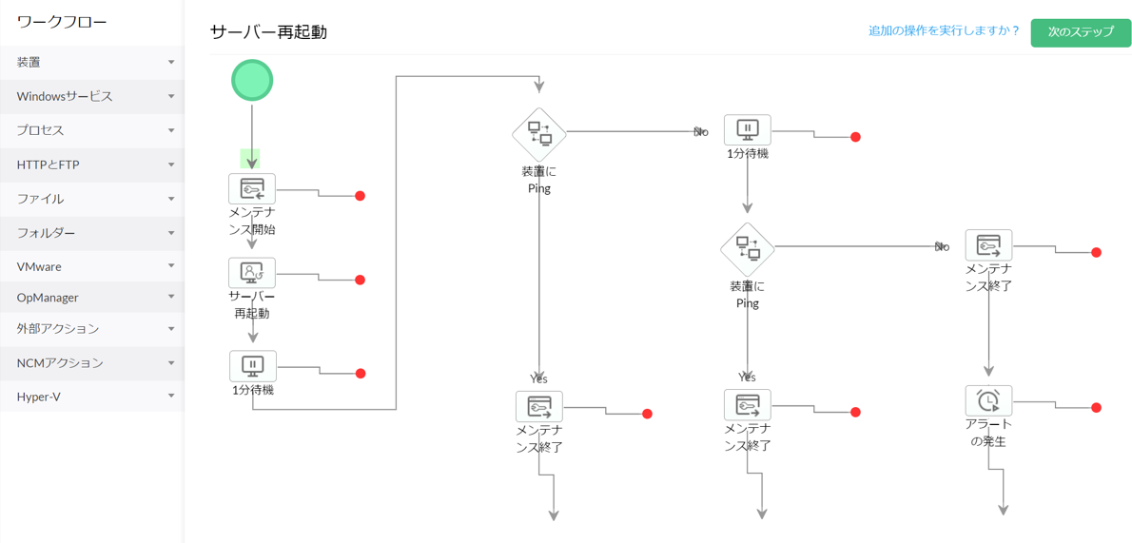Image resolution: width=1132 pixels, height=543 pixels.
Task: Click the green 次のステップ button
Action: coord(1081,32)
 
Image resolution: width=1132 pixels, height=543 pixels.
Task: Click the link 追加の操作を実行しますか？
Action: coord(944,31)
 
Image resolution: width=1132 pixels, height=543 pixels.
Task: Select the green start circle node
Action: coord(252,80)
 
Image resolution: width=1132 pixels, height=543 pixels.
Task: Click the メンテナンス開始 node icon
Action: coord(252,189)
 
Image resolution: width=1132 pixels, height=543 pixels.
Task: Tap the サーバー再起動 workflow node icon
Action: coord(252,273)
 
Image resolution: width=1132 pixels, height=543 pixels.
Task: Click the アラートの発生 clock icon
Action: coord(988,400)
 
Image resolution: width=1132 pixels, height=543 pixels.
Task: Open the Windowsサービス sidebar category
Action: coord(65,96)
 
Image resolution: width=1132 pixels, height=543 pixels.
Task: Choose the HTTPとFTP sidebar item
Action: coord(48,165)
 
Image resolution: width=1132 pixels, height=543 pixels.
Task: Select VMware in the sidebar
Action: coord(39,266)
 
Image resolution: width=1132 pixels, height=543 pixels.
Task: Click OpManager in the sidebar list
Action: coord(48,298)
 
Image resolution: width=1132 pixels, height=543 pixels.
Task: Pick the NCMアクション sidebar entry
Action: coord(60,362)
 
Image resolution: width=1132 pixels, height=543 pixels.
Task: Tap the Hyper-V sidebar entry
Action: coord(39,397)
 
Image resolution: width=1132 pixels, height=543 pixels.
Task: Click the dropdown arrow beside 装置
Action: coord(171,63)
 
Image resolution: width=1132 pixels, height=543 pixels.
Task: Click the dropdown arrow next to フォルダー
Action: coord(171,233)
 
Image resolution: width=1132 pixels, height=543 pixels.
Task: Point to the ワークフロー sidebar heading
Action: coord(62,22)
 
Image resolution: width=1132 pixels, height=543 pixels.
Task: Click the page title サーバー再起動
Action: coord(268,32)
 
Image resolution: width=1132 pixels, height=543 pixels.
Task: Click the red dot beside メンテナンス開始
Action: coord(361,196)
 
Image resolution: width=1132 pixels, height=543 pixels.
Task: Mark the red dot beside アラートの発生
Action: coord(1096,408)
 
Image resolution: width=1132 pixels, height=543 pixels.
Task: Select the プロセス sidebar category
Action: coord(40,130)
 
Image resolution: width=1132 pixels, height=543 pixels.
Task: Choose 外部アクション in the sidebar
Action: coord(57,328)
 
